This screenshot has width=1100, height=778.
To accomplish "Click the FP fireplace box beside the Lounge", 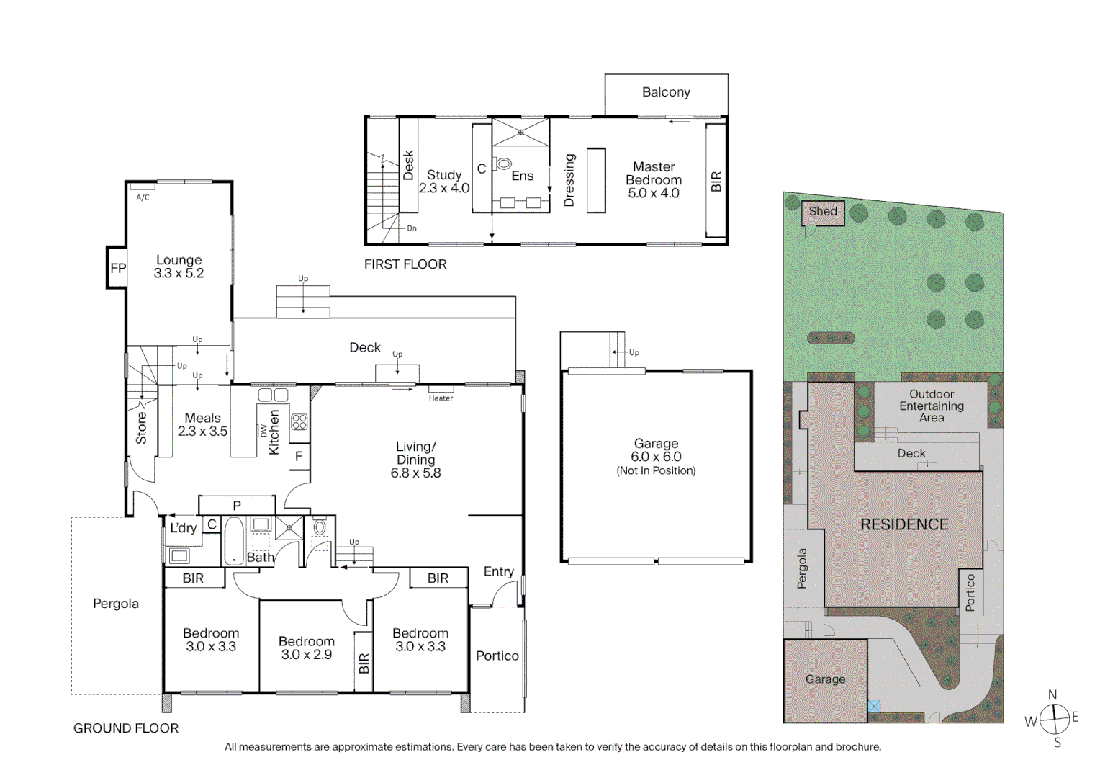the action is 117,267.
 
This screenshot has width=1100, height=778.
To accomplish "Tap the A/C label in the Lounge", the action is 143,197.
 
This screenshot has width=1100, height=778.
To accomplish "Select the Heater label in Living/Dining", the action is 441,398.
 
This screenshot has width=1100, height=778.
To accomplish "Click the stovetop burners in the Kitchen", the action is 299,421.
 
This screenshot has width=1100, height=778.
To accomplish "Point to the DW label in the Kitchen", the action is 263,430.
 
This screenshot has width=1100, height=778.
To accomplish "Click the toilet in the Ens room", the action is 503,164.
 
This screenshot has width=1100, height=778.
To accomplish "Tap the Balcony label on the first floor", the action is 666,92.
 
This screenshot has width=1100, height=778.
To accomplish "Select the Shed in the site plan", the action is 823,213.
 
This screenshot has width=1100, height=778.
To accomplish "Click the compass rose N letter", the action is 1052,694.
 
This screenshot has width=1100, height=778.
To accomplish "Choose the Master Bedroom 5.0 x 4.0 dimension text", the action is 654,193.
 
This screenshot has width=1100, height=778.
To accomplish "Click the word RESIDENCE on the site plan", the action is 904,524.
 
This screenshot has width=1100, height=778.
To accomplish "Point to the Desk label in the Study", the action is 408,165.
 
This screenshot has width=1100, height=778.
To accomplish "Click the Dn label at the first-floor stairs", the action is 412,228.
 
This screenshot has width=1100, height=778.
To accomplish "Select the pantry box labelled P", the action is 237,505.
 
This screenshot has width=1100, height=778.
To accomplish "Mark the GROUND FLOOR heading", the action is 126,728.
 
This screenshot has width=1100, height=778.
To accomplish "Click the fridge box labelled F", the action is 299,457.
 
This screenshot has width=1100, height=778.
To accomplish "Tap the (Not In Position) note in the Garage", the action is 656,470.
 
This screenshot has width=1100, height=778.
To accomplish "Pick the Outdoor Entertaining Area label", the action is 932,406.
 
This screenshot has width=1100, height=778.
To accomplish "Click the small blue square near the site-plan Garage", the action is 874,706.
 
